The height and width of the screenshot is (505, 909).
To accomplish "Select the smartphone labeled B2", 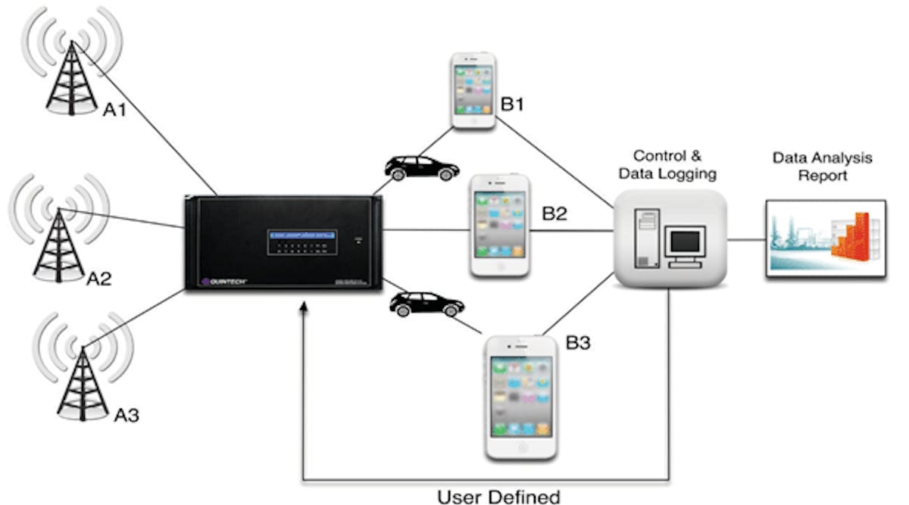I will [x=498, y=226].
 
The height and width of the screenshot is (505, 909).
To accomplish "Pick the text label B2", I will [x=554, y=214].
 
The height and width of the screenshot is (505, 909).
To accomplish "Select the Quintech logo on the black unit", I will [x=225, y=282].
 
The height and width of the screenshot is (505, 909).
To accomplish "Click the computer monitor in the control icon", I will [x=684, y=245].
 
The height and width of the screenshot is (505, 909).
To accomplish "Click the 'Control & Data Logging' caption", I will [x=668, y=164].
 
